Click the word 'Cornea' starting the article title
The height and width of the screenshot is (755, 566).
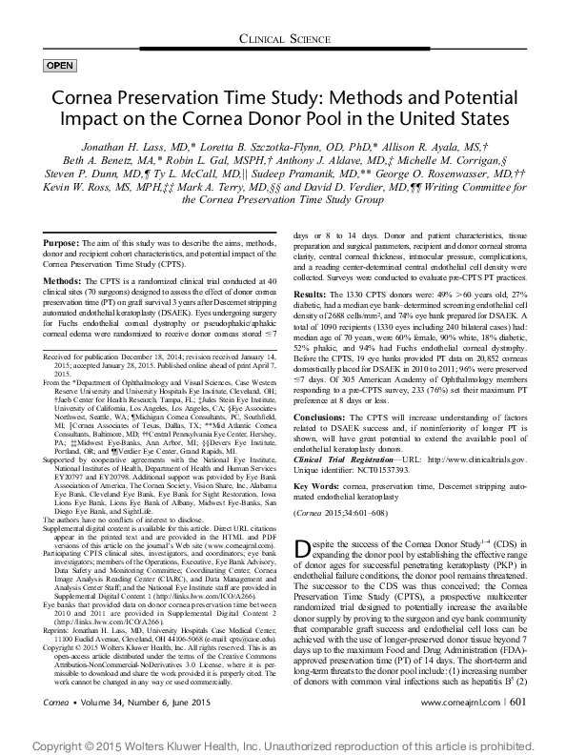pos(77,101)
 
